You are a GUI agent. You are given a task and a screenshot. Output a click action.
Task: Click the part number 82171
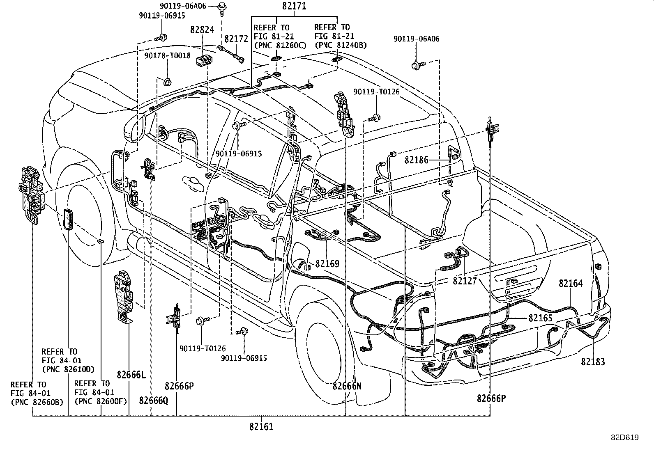pyautogui.click(x=294, y=6)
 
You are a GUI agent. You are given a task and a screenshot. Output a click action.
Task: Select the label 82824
pyautogui.click(x=202, y=30)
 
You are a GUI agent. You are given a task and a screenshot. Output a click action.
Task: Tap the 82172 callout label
pyautogui.click(x=236, y=39)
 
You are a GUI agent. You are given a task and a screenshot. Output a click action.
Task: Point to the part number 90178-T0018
pyautogui.click(x=167, y=55)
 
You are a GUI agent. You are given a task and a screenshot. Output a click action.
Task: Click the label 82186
pyautogui.click(x=416, y=160)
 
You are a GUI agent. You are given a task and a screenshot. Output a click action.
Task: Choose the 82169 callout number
pyautogui.click(x=327, y=263)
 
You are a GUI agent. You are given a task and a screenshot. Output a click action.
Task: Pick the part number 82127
pyautogui.click(x=465, y=281)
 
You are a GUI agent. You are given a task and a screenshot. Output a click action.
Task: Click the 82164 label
pyautogui.click(x=570, y=283)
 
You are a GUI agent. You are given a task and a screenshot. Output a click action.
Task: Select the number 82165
pyautogui.click(x=540, y=318)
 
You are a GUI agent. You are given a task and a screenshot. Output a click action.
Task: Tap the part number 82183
pyautogui.click(x=593, y=362)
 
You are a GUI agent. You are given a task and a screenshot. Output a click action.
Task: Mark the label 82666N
pyautogui.click(x=347, y=386)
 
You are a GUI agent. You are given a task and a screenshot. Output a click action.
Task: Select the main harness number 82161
pyautogui.click(x=261, y=426)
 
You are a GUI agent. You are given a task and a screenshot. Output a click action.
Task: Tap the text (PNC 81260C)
pyautogui.click(x=280, y=45)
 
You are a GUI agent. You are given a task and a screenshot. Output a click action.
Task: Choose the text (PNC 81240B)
pyautogui.click(x=341, y=45)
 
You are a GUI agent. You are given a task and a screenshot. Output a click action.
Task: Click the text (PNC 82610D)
pyautogui.click(x=68, y=369)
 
